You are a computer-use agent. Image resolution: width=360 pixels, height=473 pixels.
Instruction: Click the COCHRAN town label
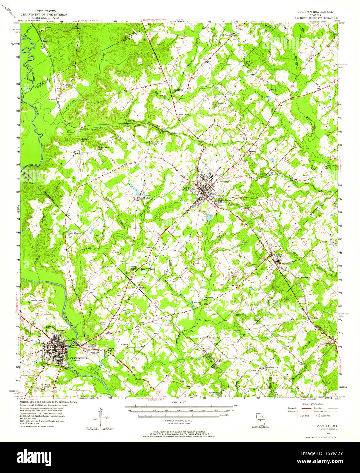(189, 188)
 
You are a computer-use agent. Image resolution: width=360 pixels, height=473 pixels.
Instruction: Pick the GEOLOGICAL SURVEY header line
(44, 18)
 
